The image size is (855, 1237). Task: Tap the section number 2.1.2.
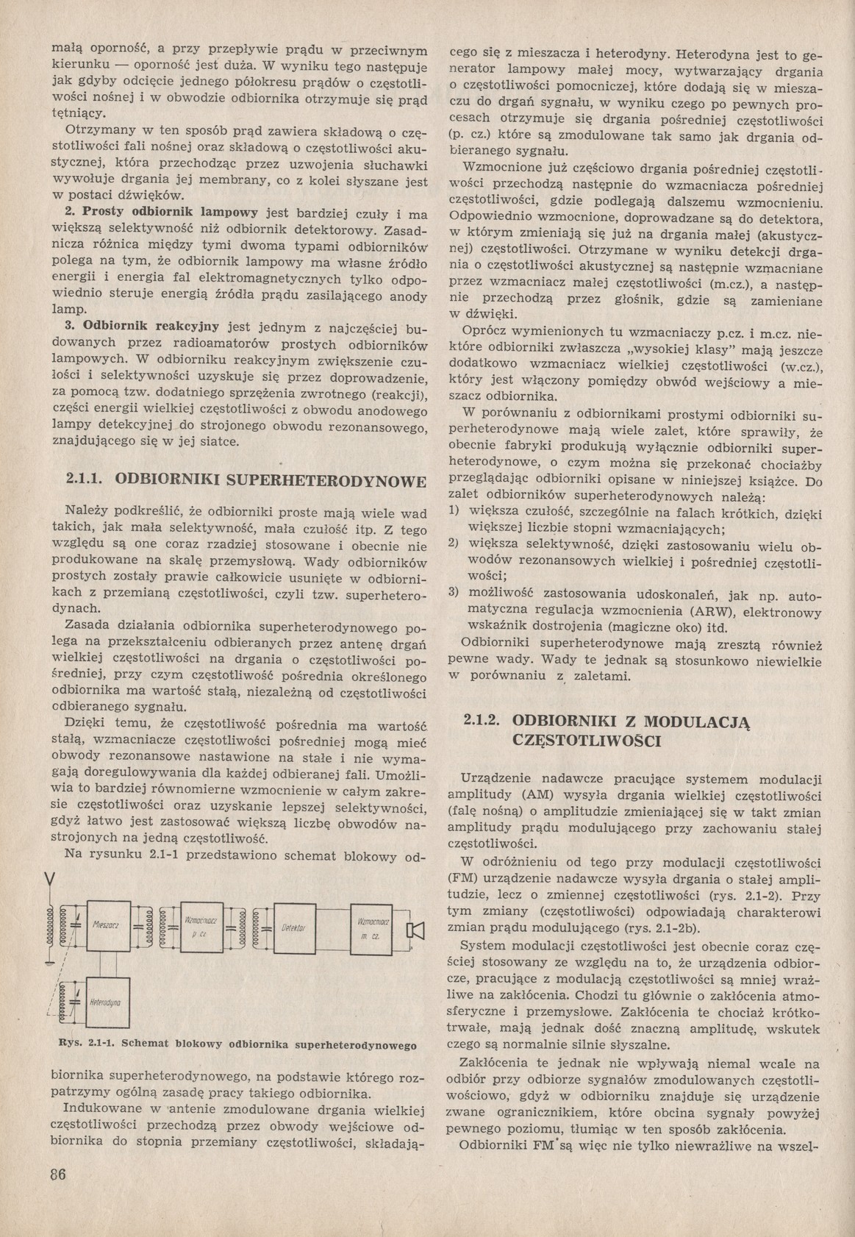coord(482,721)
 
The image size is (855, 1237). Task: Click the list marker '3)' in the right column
coord(454,593)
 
